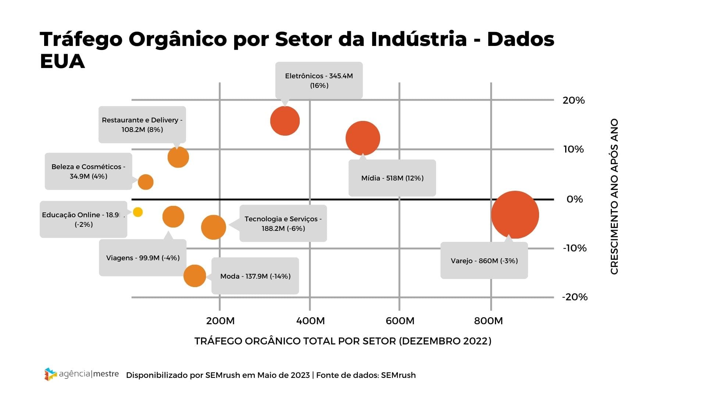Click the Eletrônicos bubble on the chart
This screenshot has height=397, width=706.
coord(285,121)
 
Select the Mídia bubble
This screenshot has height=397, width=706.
coord(363,138)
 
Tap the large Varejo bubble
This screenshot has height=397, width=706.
coord(515,215)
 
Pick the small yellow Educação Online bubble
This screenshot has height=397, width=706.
coord(138,212)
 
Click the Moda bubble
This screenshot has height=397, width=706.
coord(195,276)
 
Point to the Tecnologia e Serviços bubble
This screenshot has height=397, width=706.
coord(213,227)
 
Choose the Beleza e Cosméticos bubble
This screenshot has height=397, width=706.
coord(146,182)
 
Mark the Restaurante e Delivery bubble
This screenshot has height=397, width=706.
coord(178,157)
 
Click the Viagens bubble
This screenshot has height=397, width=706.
coord(173,217)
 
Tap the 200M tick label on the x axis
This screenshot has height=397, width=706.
coord(220,321)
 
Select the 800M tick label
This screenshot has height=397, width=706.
coord(488,321)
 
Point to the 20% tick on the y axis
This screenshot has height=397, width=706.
coord(574,100)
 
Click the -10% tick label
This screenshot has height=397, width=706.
coord(575,248)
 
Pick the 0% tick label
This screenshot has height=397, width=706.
coord(575,199)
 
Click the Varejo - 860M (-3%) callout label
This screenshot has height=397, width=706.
coord(484,261)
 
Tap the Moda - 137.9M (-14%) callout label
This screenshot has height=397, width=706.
coord(255,276)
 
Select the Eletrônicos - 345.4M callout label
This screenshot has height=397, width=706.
coord(319,81)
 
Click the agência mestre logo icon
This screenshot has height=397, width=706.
coord(50,374)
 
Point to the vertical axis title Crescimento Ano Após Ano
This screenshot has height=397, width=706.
coord(614,196)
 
